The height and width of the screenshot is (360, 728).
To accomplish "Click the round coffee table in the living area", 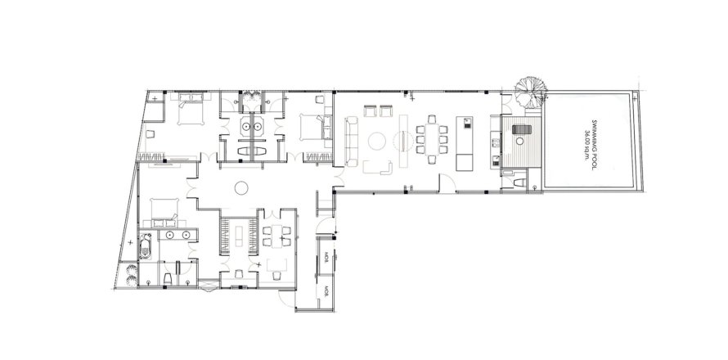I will [x=379, y=141].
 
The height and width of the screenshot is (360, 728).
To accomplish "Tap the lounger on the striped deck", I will [x=519, y=131].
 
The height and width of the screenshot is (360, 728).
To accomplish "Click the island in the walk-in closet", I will [x=239, y=235].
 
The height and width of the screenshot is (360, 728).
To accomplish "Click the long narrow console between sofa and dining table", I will [x=402, y=134].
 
